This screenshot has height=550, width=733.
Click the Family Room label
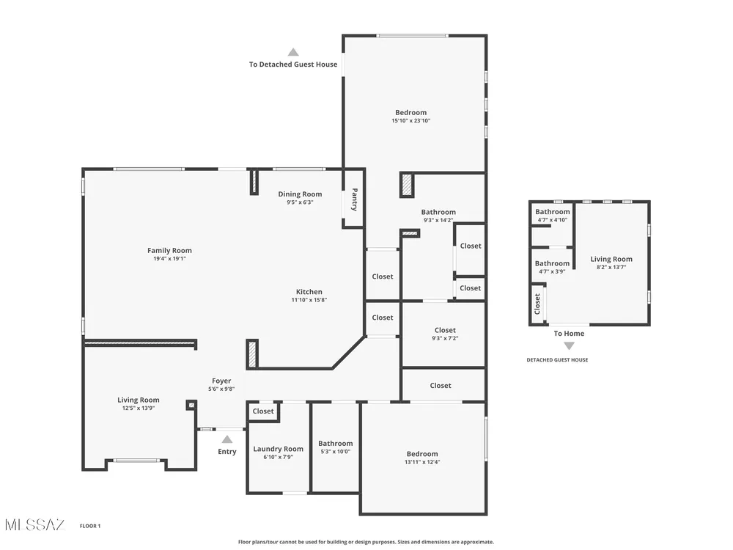[x=170, y=251]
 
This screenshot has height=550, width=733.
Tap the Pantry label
[x=354, y=199]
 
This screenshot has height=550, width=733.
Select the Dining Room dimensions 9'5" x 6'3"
[x=300, y=202]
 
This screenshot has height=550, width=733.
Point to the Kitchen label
[x=309, y=292]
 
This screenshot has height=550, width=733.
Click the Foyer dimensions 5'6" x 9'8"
[x=221, y=389]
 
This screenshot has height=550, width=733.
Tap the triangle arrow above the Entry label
[x=227, y=439]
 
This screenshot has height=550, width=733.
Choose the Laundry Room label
[x=278, y=449]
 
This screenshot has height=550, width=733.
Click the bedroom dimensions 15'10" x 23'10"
[x=411, y=121]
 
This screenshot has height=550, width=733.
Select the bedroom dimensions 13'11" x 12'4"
[x=423, y=462]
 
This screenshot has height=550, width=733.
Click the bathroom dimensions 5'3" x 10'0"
[x=336, y=452]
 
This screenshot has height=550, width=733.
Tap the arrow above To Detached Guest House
[x=293, y=52]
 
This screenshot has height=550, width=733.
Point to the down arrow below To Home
[x=569, y=346]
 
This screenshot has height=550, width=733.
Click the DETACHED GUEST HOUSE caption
[x=557, y=360]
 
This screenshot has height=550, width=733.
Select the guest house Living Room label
[x=611, y=259]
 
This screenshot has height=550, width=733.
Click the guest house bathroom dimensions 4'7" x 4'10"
[x=553, y=220]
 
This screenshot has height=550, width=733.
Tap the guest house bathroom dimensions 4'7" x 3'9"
[x=552, y=272]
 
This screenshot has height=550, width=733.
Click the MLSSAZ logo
[x=35, y=525]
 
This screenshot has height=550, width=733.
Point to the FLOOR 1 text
[x=90, y=526]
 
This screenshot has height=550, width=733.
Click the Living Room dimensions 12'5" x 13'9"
[x=139, y=408]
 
